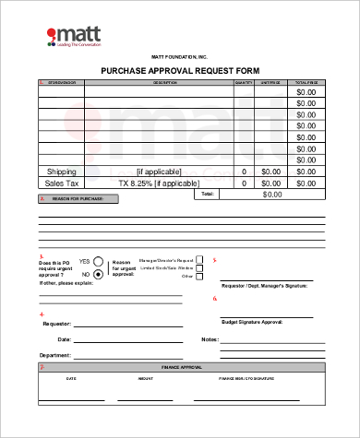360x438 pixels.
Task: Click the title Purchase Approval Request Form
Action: click(x=180, y=71)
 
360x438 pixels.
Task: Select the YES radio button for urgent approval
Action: click(x=98, y=261)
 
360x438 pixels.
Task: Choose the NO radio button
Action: click(x=98, y=274)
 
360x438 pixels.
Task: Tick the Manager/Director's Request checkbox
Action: click(x=200, y=261)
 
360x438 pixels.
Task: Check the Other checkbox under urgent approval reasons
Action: click(x=200, y=276)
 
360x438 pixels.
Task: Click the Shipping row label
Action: click(x=62, y=172)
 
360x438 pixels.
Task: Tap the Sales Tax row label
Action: click(x=62, y=183)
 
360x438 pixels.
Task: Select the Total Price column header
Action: click(x=306, y=83)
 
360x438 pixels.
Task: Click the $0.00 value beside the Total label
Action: click(x=272, y=195)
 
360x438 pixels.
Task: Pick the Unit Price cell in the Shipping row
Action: click(x=270, y=172)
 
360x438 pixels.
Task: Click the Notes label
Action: click(x=209, y=340)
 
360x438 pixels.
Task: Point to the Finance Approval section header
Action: click(x=181, y=367)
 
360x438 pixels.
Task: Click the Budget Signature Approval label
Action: click(x=252, y=323)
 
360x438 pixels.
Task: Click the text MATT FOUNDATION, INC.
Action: click(x=180, y=57)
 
